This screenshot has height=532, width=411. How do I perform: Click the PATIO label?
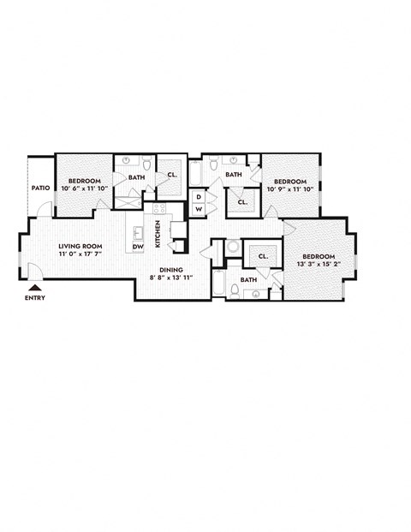[x=40, y=188]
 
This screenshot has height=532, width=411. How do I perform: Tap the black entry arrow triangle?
[x=35, y=289]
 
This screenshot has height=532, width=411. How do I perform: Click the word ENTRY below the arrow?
[x=35, y=298]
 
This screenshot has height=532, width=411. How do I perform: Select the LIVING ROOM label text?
[x=80, y=245]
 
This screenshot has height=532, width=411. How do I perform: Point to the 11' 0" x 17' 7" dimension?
[x=80, y=254]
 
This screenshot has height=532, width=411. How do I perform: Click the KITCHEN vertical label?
[x=158, y=234]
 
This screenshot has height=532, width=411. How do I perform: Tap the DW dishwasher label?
[x=137, y=248]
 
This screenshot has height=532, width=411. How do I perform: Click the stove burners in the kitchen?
[x=158, y=208]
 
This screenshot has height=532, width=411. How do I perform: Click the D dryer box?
[x=199, y=196]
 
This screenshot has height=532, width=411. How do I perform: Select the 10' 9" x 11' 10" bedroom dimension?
[x=290, y=189]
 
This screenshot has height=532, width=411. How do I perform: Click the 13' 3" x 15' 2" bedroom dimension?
[x=318, y=265]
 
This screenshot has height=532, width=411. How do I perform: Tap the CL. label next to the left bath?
[x=172, y=175]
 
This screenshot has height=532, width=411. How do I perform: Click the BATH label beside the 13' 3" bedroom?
[x=248, y=279]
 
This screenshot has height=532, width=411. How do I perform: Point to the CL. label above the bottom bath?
[x=263, y=255]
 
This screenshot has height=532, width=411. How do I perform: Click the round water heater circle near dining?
[x=233, y=247]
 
